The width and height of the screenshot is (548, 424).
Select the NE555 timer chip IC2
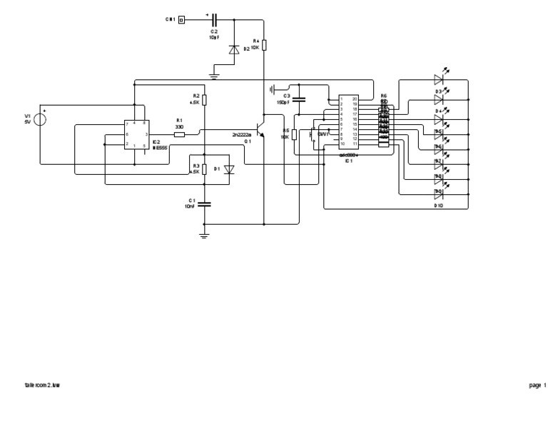pyautogui.click(x=136, y=134)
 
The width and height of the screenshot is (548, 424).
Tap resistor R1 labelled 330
pyautogui.click(x=179, y=134)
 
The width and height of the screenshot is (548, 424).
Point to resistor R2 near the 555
pyautogui.click(x=204, y=100)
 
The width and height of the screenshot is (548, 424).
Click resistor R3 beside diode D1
pyautogui.click(x=204, y=169)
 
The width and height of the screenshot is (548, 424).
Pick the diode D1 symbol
pyautogui.click(x=228, y=169)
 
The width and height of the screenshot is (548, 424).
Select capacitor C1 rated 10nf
pyautogui.click(x=204, y=203)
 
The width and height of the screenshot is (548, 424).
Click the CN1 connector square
pyautogui.click(x=181, y=19)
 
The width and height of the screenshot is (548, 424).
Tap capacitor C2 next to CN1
pyautogui.click(x=213, y=19)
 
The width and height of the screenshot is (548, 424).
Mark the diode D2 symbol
pyautogui.click(x=233, y=50)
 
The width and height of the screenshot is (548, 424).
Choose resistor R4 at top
pyautogui.click(x=264, y=45)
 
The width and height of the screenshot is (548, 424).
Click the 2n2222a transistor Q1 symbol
pyautogui.click(x=261, y=134)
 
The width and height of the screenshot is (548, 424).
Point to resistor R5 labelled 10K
pyautogui.click(x=295, y=134)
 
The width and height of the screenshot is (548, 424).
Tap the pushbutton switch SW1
pyautogui.click(x=313, y=135)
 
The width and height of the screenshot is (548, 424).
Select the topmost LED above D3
pyautogui.click(x=440, y=80)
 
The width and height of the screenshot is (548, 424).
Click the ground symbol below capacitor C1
pyautogui.click(x=204, y=235)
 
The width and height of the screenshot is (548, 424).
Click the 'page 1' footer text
pyautogui.click(x=537, y=385)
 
